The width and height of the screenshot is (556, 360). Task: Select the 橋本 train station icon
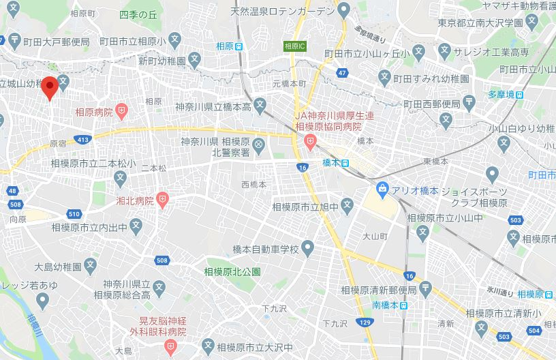345,163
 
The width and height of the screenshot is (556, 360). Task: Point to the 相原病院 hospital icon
122,109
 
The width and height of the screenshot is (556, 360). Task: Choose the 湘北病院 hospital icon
162,200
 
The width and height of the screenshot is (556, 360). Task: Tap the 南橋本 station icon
403,305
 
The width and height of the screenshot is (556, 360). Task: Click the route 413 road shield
83,139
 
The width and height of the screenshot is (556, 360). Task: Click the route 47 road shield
342,72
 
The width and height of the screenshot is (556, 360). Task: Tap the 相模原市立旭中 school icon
347,203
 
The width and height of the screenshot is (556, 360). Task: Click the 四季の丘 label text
138,14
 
